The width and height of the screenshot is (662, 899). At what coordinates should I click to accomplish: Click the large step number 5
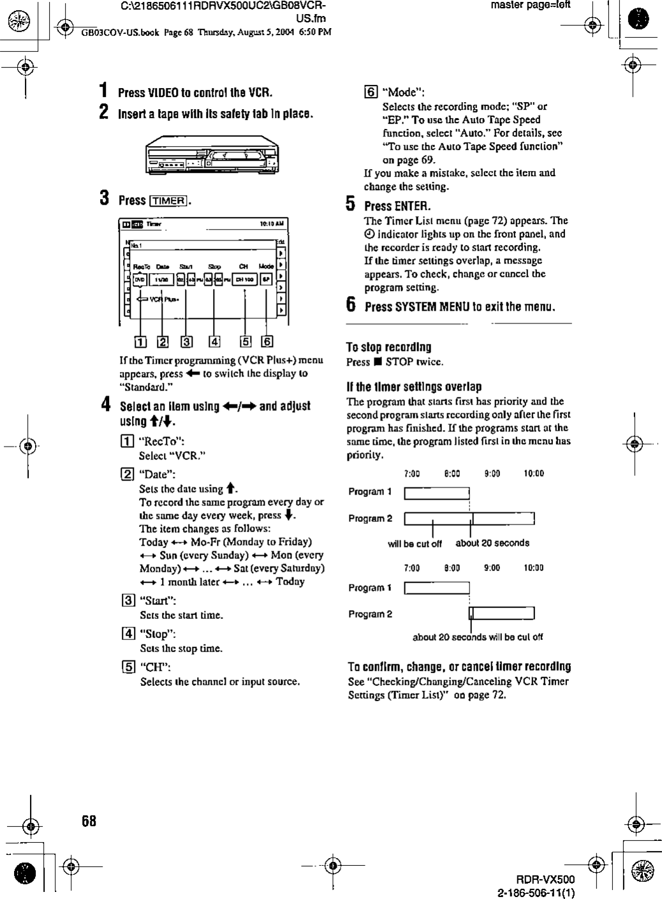point(349,205)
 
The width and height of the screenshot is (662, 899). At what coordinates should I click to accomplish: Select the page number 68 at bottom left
point(89,821)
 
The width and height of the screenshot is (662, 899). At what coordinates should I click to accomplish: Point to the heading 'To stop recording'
point(388,348)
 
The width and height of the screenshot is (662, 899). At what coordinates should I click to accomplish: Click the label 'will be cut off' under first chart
point(415,544)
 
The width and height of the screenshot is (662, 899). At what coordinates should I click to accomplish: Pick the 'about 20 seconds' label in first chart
point(492,544)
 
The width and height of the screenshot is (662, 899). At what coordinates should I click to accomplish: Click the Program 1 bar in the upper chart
point(437,493)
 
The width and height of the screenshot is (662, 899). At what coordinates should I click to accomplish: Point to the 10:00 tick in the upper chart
point(534,473)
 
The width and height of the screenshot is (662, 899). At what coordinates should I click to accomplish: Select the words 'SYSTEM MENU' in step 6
point(431,306)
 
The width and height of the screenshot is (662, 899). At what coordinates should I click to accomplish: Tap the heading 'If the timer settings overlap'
point(413,387)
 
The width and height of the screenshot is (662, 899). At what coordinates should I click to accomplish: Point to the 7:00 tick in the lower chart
point(412,568)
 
